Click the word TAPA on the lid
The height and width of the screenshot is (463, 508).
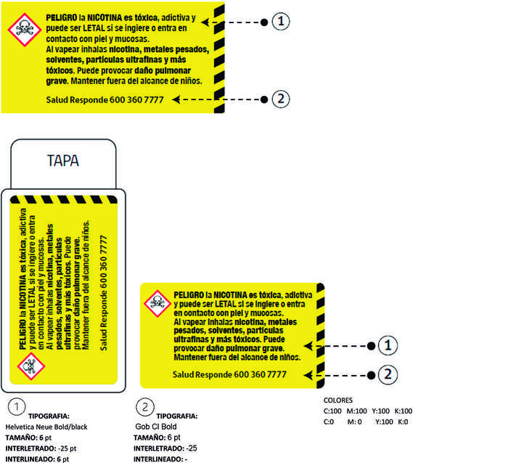(63, 161)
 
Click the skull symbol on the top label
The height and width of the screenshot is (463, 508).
(25, 30)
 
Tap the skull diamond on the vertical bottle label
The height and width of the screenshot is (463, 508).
(31, 366)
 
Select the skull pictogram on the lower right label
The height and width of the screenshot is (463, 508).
(157, 303)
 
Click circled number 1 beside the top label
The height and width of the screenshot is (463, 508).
(281, 22)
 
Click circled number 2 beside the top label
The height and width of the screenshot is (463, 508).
(281, 99)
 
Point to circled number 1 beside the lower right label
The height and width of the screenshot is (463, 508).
(388, 345)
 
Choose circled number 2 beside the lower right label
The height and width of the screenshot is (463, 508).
(388, 375)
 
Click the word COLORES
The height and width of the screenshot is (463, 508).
(338, 400)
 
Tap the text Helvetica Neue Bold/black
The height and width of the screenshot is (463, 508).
(46, 427)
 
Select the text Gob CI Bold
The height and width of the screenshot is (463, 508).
(156, 427)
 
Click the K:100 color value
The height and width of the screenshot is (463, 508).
(403, 411)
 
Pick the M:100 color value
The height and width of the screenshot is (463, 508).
(357, 411)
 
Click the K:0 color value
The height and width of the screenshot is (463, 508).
(403, 422)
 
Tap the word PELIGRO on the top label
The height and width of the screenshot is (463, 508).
(62, 17)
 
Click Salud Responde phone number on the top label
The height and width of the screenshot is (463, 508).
(105, 100)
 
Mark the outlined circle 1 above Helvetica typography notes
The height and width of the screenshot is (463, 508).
(17, 406)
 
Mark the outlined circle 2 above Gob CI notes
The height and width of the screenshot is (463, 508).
(145, 406)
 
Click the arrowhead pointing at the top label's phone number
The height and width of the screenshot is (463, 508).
(176, 100)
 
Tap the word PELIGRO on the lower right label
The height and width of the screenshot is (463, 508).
(189, 295)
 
